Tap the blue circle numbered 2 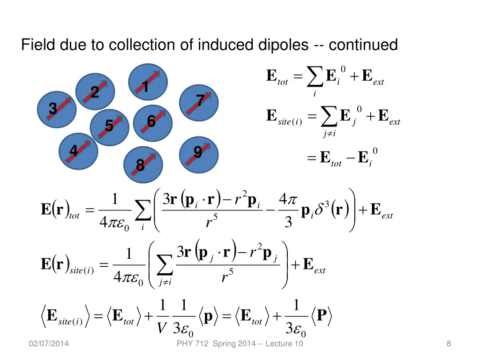pyautogui.click(x=95, y=92)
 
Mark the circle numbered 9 pyautogui.click(x=199, y=155)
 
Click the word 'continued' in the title pyautogui.click(x=363, y=45)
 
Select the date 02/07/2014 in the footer pyautogui.click(x=48, y=344)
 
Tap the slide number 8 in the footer pyautogui.click(x=449, y=344)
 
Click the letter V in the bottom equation pyautogui.click(x=161, y=328)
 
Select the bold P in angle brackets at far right pyautogui.click(x=322, y=316)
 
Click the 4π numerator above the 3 pyautogui.click(x=288, y=199)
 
